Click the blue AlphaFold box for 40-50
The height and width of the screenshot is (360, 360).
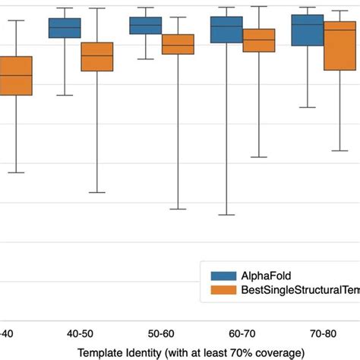click(65, 28)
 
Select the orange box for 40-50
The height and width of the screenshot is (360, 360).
click(97, 57)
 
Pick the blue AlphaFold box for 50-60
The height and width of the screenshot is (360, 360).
click(145, 26)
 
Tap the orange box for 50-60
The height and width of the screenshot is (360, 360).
click(178, 45)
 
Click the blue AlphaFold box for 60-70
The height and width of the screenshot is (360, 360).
click(226, 30)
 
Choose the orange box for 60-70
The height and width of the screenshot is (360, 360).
click(259, 40)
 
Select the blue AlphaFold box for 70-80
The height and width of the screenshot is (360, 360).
click(308, 30)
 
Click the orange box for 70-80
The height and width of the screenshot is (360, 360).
click(340, 46)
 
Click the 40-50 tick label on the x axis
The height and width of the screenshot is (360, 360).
click(81, 333)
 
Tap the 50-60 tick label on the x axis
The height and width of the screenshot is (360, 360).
click(162, 333)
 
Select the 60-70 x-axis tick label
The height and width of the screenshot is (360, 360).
click(242, 333)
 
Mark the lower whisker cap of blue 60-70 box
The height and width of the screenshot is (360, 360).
click(226, 215)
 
